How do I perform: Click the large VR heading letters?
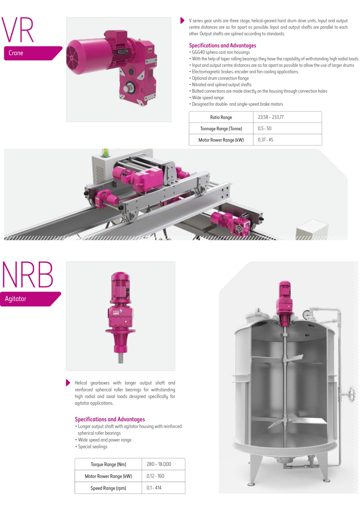coord(18,30)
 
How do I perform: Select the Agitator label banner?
coord(30,299)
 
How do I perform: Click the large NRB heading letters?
coord(27,275)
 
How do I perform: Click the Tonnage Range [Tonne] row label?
coord(221,129)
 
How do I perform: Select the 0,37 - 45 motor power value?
coord(265,140)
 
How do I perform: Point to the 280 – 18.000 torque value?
coord(159,464)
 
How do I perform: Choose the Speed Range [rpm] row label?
coord(108,488)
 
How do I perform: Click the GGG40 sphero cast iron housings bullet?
coord(219,52)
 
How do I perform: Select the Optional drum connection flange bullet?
coord(219,78)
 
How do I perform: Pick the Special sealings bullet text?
coord(91,446)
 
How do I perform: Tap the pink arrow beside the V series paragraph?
coord(182,20)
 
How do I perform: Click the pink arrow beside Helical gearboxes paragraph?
coord(68,383)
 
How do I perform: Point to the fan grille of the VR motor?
coord(72,58)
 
